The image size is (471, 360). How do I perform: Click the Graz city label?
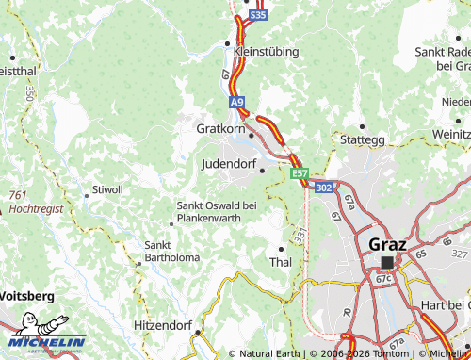tap(385, 243)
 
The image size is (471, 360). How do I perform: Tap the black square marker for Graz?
tap(386, 262)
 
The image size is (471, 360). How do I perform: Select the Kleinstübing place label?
tap(266, 51)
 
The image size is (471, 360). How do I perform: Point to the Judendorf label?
tap(229, 163)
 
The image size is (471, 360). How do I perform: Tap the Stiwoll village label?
tap(106, 189)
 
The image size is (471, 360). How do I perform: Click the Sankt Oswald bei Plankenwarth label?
tap(217, 212)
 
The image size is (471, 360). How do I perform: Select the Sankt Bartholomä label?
tap(171, 251)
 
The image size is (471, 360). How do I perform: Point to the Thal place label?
tap(280, 261)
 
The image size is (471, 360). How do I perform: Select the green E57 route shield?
tap(300, 174)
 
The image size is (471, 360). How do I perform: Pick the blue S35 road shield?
tap(259, 16)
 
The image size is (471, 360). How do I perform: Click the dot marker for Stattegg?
tap(362, 125)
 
